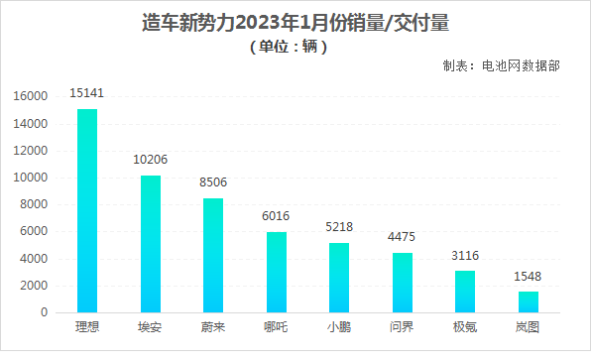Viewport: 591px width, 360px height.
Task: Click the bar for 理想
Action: pos(87,210)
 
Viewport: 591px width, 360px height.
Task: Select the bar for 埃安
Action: pos(151,244)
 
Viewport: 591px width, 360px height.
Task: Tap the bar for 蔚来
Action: pos(213,255)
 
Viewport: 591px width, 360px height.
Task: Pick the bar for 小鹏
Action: pos(339,278)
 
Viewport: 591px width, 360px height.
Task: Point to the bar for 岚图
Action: pos(528,301)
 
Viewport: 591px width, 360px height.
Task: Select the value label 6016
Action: pos(277,216)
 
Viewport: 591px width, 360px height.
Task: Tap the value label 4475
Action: pos(403,237)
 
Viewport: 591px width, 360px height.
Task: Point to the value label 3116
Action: pos(465,255)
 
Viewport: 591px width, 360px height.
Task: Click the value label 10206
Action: pos(151,160)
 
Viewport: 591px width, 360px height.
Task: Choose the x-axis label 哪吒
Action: pos(277,326)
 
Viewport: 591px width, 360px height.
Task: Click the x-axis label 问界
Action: pos(403,326)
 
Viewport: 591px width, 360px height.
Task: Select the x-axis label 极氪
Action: pos(465,326)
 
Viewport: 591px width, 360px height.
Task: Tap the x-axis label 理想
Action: pos(87,326)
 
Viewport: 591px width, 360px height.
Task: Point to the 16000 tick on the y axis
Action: pos(31,97)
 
